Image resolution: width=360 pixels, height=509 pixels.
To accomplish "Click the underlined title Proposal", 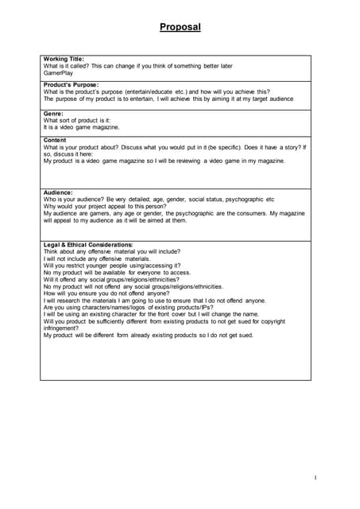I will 180,27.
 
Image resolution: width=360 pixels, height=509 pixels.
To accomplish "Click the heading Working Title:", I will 64,59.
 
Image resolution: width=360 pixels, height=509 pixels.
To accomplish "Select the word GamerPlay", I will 60,72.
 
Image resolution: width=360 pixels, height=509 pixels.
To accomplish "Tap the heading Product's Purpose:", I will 72,85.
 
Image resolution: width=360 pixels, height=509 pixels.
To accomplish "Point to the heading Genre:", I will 53,114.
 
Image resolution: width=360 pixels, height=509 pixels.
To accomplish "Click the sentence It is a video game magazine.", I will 82,127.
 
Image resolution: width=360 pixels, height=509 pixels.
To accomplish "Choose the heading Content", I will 55,140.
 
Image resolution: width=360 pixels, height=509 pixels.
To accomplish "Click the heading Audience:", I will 58,192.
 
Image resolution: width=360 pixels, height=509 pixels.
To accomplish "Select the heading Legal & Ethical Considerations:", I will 88,245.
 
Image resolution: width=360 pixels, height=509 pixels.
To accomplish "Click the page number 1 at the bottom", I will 315,477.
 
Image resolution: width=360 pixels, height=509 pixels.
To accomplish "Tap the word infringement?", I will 63,328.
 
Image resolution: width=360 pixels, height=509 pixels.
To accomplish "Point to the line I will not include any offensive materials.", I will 96,258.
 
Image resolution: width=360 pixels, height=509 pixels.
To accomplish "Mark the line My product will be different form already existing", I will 148,336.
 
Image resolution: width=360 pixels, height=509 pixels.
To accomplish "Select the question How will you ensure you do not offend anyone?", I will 111,293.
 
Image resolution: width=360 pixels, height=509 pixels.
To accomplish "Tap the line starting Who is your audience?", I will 159,200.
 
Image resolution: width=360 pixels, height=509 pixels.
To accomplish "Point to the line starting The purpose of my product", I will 168,99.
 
